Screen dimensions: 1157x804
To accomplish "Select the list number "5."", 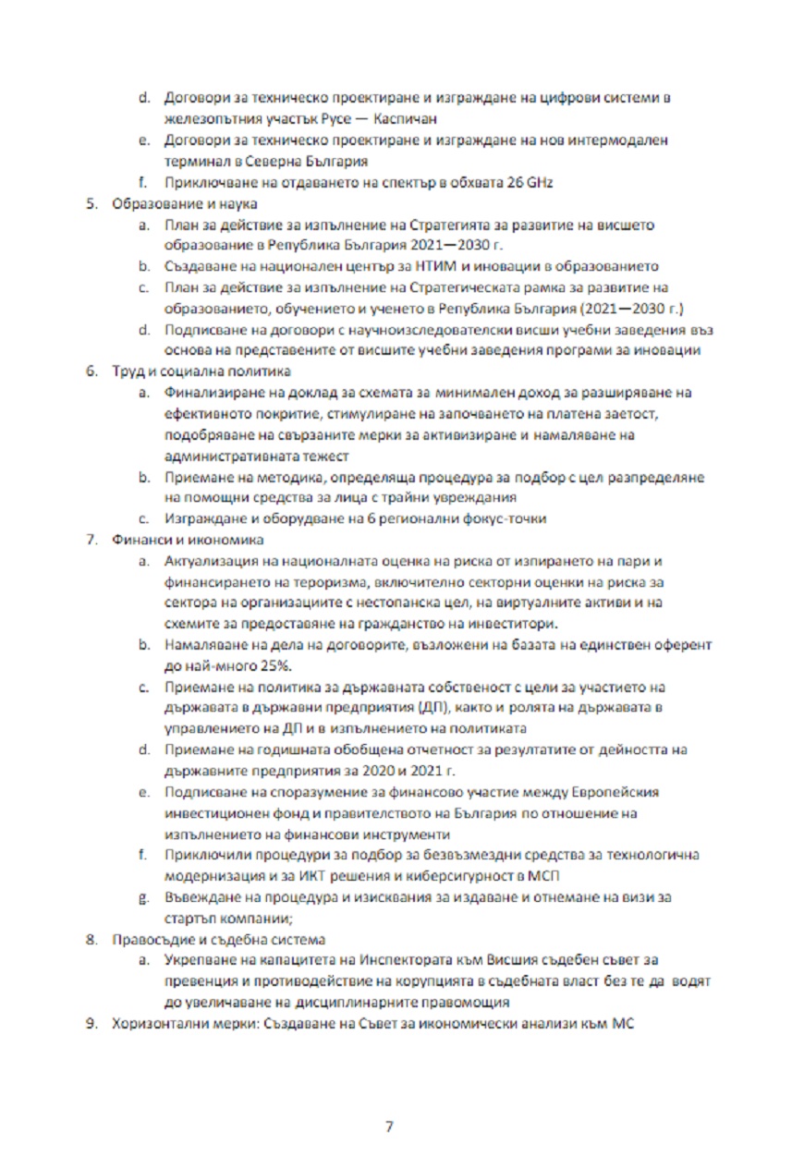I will coord(91,203).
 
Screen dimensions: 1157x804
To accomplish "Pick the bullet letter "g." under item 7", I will coord(144,896).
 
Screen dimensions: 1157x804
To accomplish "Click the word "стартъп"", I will coord(190,919).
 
